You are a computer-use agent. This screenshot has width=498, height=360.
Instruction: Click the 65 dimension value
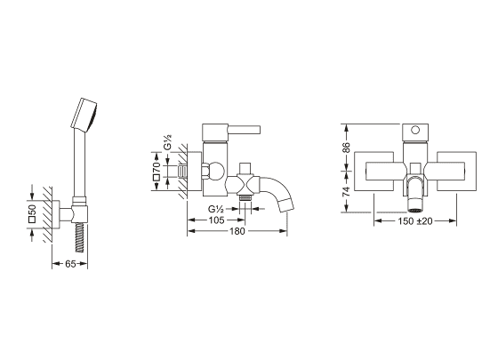70,263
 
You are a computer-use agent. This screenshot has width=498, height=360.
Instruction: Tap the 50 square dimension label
32,213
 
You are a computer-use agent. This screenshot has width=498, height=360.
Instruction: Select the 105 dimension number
217,220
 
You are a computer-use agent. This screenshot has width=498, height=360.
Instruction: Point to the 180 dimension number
237,231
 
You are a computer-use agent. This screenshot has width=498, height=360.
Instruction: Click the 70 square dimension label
157,171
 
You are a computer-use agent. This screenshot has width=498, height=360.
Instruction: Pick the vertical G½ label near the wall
168,142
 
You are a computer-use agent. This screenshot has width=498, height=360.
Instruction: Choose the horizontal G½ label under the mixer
216,209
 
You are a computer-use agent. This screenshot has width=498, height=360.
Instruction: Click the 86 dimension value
346,148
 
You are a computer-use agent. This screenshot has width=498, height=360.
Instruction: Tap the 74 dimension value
346,191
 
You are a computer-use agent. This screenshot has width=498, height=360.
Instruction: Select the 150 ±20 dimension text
415,221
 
